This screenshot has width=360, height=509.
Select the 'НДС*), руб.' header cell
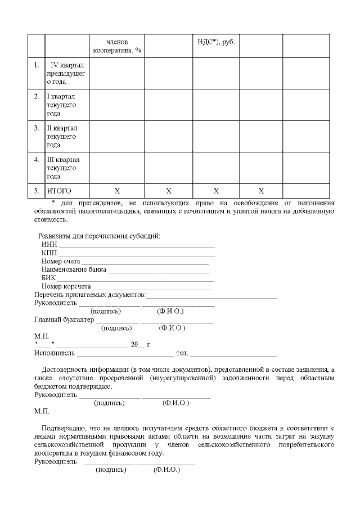(x=216, y=42)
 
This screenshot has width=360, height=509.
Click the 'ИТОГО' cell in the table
(x=59, y=191)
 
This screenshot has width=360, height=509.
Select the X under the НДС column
(x=216, y=191)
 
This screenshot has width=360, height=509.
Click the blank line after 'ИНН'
(x=137, y=245)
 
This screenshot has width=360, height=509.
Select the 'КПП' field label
(x=49, y=253)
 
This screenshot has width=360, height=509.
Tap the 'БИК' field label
(x=49, y=278)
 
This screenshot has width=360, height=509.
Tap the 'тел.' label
(x=182, y=353)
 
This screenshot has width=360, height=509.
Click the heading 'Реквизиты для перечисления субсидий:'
(x=99, y=236)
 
